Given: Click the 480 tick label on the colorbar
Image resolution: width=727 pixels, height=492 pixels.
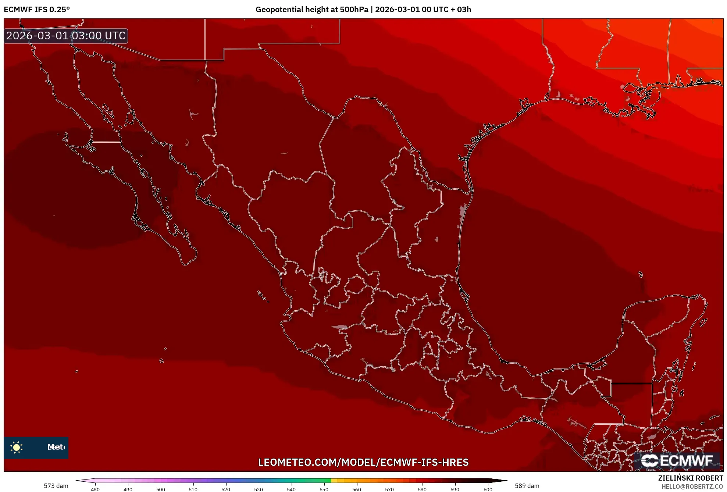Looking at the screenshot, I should [x=95, y=489].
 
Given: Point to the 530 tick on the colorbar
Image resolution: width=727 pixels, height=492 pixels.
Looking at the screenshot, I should [x=259, y=489].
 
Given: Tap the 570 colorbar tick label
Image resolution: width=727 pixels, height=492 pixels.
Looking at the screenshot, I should [x=389, y=489].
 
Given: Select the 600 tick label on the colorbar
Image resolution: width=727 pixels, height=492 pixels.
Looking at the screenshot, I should [x=488, y=489].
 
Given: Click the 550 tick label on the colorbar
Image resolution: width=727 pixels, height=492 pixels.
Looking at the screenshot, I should [x=324, y=489].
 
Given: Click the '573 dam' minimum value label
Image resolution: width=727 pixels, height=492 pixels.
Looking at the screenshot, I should [x=56, y=486].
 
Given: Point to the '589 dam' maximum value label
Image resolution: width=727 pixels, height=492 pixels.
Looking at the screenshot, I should [x=527, y=486].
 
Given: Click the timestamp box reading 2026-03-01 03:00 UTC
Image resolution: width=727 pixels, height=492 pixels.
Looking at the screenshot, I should [x=66, y=36].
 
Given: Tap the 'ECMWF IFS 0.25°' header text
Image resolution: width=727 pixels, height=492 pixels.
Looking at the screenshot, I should [x=37, y=10].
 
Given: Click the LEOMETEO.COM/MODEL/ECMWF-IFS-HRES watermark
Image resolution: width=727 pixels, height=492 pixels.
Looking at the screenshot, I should [x=363, y=462].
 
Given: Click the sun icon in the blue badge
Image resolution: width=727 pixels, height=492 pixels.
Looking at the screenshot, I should [x=17, y=447].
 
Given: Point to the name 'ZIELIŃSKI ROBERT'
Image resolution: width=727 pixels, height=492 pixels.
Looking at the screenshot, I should [x=690, y=478].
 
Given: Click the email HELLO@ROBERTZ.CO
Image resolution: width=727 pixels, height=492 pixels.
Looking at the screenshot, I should [x=692, y=486].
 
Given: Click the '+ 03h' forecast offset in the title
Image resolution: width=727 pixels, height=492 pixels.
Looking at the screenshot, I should [x=460, y=10].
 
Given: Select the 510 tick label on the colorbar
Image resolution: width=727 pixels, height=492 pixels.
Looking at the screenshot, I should [x=193, y=489].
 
